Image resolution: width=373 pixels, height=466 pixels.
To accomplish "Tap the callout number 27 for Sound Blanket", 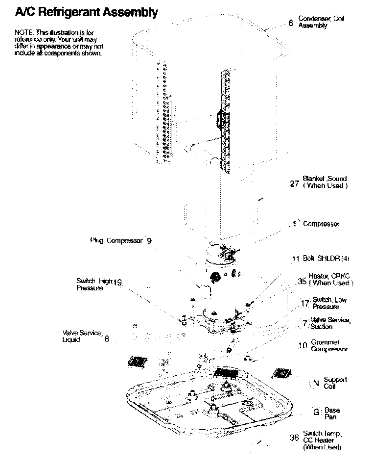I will (x=294, y=184).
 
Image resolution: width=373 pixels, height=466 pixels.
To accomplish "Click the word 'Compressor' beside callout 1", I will (x=321, y=224).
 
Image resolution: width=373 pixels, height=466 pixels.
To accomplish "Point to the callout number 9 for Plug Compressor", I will (x=149, y=241).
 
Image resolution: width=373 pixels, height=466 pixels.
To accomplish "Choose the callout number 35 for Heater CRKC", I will (x=302, y=282).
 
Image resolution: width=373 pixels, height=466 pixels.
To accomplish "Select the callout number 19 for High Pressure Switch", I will (x=117, y=282).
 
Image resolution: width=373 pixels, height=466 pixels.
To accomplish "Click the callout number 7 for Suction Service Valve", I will (x=304, y=324).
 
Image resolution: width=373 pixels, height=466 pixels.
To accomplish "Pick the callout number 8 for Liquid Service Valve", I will (x=107, y=338).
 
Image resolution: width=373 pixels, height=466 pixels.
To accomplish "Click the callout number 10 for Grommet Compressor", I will (x=303, y=346).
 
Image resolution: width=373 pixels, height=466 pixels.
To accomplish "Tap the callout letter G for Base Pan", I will (x=316, y=412).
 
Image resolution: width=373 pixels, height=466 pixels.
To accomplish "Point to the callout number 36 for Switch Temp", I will (x=294, y=438).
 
